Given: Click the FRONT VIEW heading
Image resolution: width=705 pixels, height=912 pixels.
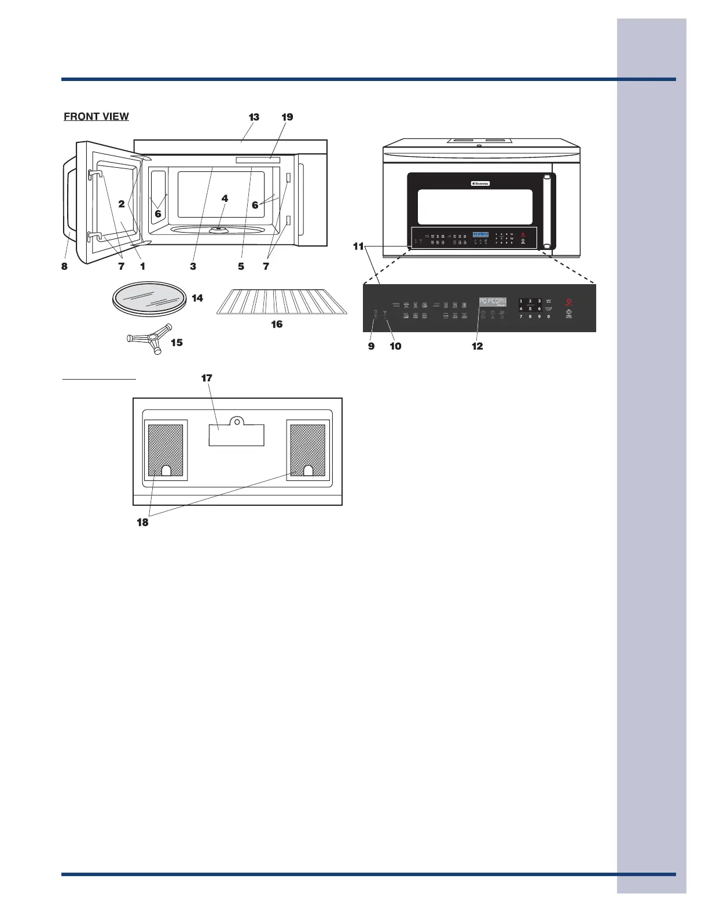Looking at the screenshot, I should click(x=96, y=116).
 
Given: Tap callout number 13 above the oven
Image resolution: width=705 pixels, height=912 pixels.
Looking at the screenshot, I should click(x=254, y=117).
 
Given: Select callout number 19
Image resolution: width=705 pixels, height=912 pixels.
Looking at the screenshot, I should click(x=287, y=117).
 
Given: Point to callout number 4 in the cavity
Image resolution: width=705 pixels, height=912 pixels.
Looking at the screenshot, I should click(x=225, y=198).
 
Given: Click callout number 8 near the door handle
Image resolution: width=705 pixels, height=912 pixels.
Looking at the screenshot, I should click(x=65, y=267).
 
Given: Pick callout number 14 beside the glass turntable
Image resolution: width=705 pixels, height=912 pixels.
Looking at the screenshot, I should click(x=197, y=298).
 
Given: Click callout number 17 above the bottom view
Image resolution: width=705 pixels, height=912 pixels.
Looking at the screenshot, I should click(x=207, y=378).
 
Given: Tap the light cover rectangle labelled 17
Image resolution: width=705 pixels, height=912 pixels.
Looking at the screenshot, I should click(x=236, y=435).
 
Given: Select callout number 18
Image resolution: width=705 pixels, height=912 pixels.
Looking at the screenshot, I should click(x=142, y=522).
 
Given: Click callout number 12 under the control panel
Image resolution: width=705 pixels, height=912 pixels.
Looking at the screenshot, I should click(x=477, y=346).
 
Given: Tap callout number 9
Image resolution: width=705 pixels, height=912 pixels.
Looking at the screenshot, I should click(x=371, y=346).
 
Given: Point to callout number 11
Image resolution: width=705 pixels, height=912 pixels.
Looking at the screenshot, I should click(x=358, y=247).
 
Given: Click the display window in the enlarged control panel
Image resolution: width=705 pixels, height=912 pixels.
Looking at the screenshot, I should click(x=493, y=302).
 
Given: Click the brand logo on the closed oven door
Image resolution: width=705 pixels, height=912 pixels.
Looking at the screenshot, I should click(x=480, y=184).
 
